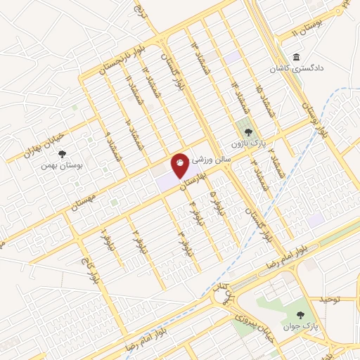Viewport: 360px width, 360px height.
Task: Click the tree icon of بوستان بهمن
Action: [63, 153]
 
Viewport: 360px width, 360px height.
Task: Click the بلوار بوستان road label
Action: [314, 117]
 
